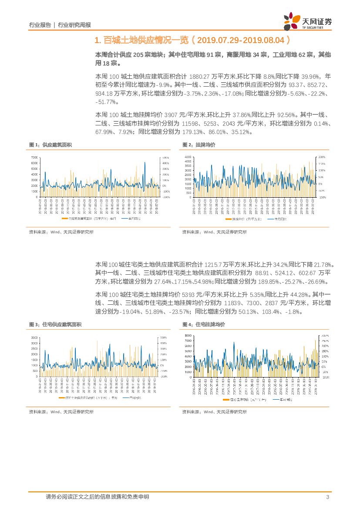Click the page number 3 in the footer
327,497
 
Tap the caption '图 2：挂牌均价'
199,145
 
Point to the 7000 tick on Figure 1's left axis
34,157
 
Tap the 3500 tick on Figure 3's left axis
34,337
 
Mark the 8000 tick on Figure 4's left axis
187,335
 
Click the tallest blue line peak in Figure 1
144,162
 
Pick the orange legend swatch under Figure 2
223,220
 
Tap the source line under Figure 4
214,411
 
